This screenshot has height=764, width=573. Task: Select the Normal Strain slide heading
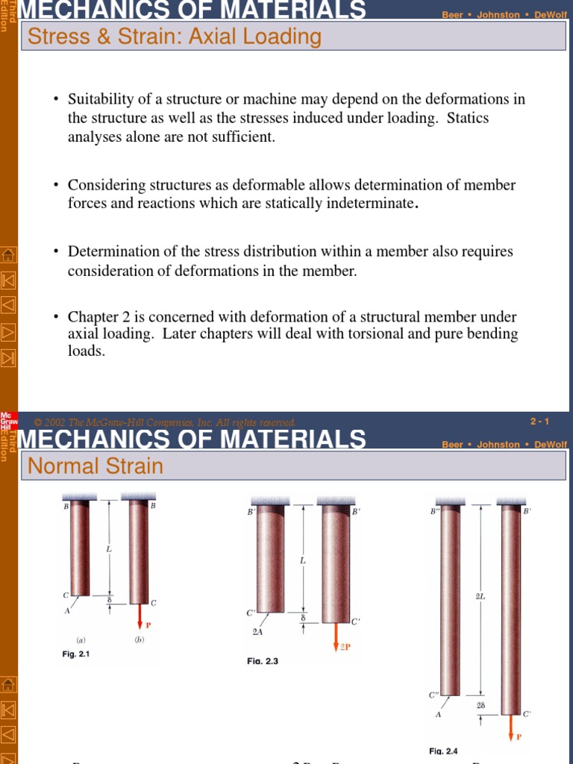point(95,466)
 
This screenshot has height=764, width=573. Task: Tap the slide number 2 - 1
point(539,422)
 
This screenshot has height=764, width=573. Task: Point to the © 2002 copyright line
point(165,422)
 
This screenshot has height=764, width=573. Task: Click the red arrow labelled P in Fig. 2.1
point(139,614)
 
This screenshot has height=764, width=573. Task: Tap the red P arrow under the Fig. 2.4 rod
point(511,725)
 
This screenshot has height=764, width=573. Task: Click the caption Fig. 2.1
point(76,654)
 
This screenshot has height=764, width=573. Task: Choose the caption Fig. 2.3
point(263,661)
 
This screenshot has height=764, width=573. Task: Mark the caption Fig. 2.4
point(443,751)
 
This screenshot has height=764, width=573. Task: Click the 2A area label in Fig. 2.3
point(257,631)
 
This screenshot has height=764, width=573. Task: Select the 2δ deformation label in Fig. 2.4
point(480,704)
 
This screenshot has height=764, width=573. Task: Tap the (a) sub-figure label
point(81,640)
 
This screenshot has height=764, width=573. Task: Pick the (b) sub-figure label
point(139,640)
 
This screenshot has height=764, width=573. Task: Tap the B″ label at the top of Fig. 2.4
point(435,511)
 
